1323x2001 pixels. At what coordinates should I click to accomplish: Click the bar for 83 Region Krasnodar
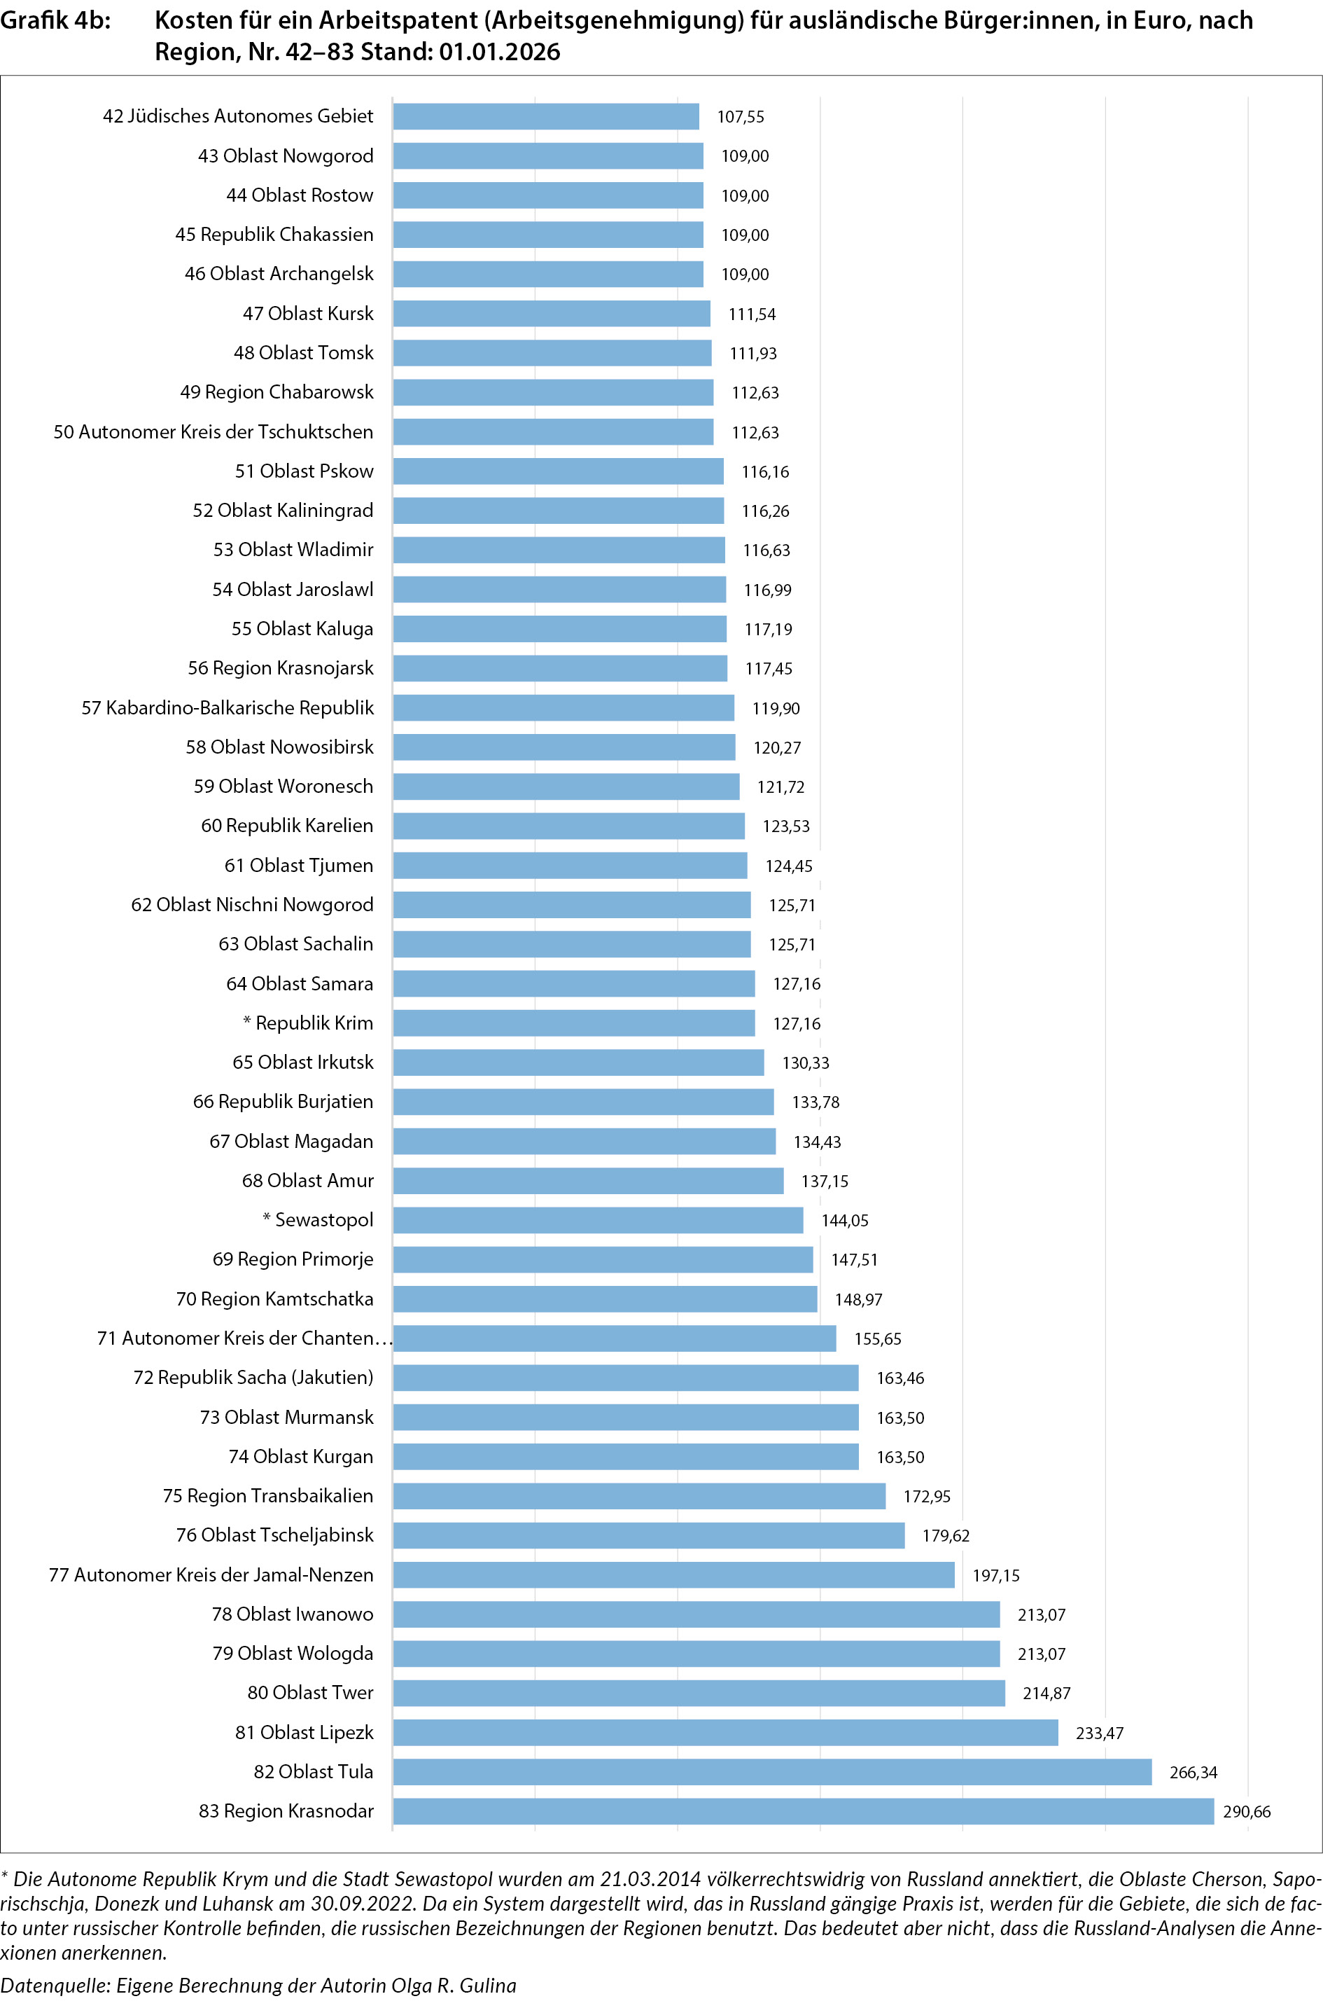point(802,1811)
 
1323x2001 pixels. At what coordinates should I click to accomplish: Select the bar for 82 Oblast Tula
point(772,1772)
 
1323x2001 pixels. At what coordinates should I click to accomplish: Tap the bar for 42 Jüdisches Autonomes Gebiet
point(546,116)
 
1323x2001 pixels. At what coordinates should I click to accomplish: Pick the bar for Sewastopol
point(597,1220)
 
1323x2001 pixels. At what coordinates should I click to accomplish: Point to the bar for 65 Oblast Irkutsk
point(578,1062)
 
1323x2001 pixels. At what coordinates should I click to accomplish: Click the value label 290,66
point(1246,1812)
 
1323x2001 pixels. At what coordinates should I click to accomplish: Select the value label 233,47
point(1100,1733)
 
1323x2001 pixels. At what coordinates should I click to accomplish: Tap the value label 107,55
point(740,117)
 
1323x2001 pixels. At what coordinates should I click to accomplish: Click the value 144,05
point(845,1220)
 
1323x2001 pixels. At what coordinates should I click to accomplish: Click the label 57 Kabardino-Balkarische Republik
point(227,708)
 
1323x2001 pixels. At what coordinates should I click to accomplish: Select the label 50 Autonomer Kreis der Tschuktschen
point(213,432)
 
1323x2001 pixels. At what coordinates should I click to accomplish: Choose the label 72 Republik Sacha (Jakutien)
point(253,1378)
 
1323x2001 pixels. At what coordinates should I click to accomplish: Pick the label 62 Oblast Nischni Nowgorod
point(251,905)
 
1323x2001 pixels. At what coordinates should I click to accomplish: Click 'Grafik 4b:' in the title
point(56,20)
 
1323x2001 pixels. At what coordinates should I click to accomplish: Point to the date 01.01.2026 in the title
point(500,53)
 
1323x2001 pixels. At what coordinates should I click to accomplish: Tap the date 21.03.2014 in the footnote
point(650,1879)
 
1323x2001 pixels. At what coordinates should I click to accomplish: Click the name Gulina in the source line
point(489,1986)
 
